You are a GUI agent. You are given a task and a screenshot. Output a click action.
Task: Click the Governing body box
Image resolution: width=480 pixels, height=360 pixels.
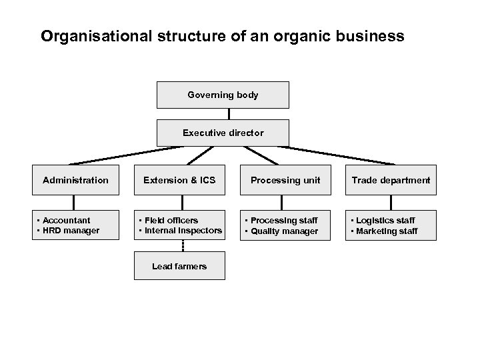click(x=223, y=95)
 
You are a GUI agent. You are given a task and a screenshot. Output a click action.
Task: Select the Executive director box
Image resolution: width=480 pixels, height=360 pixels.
click(x=223, y=133)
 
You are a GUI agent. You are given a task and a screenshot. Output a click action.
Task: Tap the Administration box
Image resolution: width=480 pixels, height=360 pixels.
click(x=75, y=180)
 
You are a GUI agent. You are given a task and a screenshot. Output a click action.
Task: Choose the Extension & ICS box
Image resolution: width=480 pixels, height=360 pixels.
click(x=179, y=180)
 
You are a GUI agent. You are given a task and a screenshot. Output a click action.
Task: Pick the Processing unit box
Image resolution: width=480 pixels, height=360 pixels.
click(x=285, y=180)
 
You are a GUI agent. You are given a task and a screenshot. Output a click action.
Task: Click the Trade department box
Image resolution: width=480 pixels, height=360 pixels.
click(x=391, y=180)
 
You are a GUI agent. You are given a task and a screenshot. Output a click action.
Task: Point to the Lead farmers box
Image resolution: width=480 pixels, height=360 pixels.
click(x=179, y=266)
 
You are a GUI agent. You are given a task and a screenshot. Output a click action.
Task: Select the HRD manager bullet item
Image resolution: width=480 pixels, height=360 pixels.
click(x=70, y=231)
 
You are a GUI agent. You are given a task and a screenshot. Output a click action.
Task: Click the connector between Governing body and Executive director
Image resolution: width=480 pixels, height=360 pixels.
click(x=229, y=114)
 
